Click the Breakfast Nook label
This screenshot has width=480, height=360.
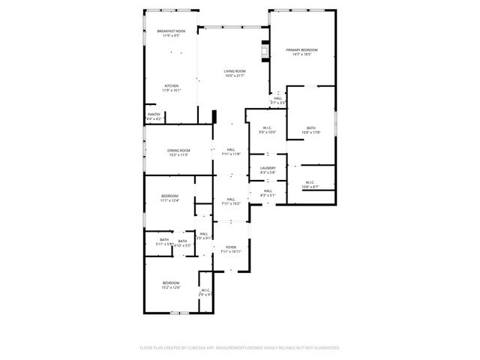(171, 31)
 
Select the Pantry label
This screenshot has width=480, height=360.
(154, 115)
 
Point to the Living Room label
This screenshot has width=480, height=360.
(235, 71)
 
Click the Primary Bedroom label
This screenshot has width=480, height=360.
(302, 50)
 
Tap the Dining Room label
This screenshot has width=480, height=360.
(178, 151)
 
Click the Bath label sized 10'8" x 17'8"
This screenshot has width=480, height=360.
(311, 128)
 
